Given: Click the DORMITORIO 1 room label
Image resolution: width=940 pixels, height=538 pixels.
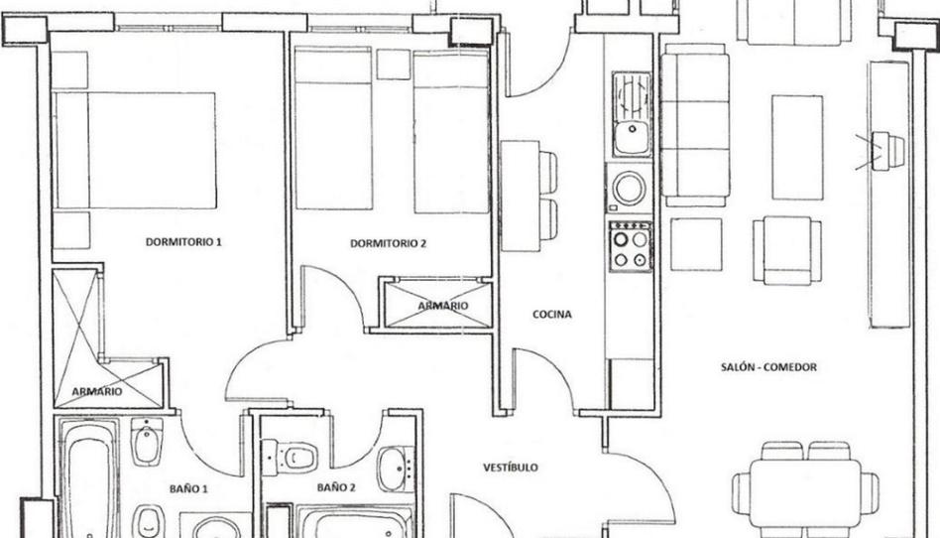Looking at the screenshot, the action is [183, 242].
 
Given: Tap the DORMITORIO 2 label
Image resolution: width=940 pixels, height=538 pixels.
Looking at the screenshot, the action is [388, 243].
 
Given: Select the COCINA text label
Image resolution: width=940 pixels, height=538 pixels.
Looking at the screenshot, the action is [551, 314].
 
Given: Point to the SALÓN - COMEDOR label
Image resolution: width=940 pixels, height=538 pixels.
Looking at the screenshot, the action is [768, 367].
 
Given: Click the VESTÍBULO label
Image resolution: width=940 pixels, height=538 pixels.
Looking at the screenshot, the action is [511, 468].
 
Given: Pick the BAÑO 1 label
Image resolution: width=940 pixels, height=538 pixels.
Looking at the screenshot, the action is [188, 488].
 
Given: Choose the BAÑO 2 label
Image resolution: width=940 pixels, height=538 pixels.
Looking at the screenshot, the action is [336, 487].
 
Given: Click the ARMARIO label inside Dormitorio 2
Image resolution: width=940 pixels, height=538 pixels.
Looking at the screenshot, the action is [443, 306].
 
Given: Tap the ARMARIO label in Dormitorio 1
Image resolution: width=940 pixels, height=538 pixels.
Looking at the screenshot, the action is [96, 391].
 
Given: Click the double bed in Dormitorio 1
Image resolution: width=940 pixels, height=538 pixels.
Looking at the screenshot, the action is [134, 150].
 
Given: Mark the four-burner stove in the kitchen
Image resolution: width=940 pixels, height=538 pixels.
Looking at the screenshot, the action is [630, 247].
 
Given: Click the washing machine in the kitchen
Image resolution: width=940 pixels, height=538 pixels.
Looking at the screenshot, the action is [629, 188].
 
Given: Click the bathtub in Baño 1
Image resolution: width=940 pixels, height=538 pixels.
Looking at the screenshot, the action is [88, 478].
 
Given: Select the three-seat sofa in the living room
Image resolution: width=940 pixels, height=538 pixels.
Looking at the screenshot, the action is [695, 125].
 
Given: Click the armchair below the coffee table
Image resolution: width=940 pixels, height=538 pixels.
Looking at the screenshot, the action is [787, 250].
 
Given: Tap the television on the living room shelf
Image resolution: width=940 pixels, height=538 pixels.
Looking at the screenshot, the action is [889, 150].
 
